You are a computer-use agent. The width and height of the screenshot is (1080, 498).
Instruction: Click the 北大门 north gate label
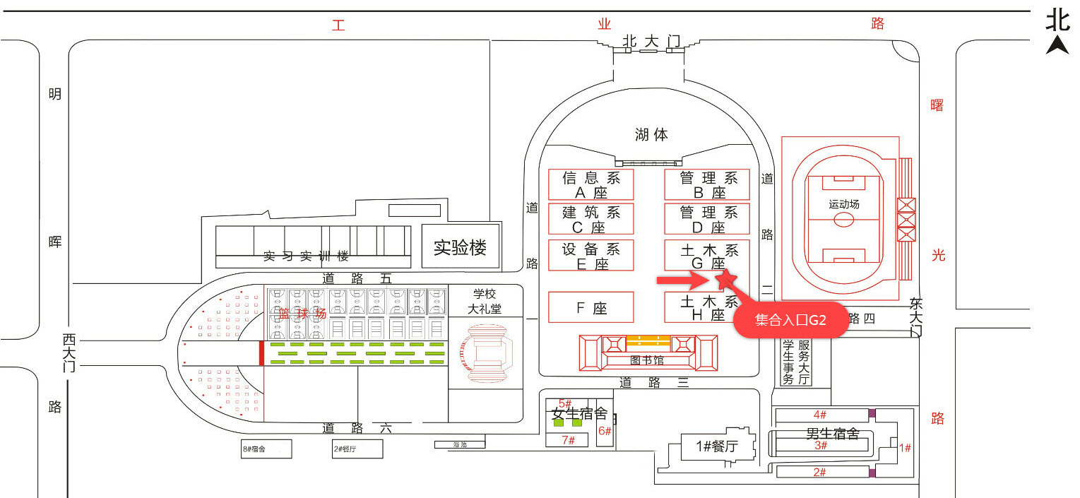pos(651,42)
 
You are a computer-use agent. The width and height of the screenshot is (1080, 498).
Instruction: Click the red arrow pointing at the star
pos(682,281)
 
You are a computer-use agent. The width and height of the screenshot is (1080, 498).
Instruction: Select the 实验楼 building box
pos(460,247)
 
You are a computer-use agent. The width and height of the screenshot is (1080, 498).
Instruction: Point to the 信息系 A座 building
pos(591,184)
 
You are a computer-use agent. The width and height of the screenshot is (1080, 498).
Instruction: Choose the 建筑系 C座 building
pos(591,219)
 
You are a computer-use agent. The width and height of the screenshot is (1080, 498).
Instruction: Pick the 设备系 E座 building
pos(591,255)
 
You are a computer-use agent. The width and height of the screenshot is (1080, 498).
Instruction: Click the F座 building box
pos(591,308)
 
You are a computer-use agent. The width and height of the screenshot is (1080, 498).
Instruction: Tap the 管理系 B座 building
pos(707,184)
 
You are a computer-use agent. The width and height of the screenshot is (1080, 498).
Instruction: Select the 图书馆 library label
pos(648,360)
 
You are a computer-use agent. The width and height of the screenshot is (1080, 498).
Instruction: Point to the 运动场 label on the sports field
pos(844,204)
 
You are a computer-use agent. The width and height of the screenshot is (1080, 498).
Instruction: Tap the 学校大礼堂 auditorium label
pos(486,301)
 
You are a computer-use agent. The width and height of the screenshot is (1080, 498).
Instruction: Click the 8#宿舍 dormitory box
pos(266,449)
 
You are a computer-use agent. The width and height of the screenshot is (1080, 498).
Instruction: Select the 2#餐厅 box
pos(357,449)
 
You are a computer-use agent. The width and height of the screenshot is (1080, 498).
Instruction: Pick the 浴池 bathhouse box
pos(460,445)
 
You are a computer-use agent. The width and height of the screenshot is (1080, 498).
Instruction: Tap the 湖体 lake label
pos(651,134)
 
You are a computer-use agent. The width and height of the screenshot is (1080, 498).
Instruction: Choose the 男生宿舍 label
pos(833,433)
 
